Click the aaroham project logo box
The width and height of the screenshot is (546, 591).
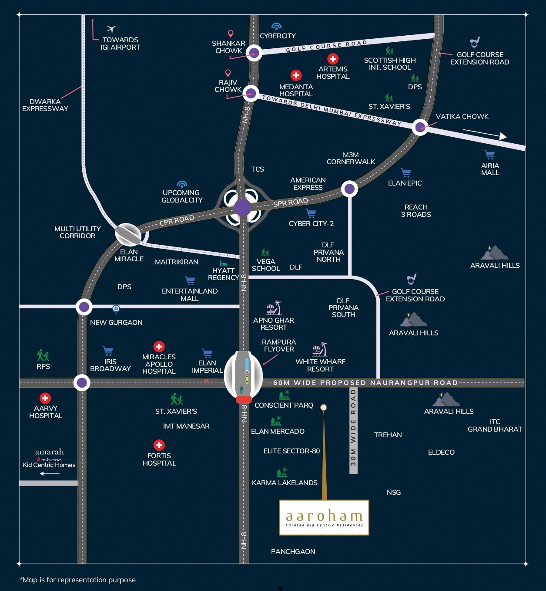324,517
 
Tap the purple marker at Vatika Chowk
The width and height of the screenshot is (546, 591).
420,127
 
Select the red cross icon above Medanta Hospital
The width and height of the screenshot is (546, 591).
296,75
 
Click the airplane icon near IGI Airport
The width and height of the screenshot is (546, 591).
111,29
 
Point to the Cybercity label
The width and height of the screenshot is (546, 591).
278,36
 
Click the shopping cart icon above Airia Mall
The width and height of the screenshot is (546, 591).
489,155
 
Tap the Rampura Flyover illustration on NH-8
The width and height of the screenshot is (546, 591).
244,377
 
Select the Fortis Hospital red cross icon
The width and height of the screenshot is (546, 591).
159,445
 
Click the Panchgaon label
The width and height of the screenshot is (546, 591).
293,551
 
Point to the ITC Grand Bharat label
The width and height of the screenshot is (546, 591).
495,426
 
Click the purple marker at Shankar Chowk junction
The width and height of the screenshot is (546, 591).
254,53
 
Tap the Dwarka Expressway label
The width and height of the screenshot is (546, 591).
45,105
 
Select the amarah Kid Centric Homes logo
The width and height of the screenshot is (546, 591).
49,458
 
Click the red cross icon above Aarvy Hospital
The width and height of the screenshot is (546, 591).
45,398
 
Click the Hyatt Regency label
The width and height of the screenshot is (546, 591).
223,274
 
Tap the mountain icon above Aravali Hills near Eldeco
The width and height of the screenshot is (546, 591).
446,399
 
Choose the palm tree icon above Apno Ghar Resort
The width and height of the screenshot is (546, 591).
274,308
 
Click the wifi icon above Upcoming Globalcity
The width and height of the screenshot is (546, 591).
182,184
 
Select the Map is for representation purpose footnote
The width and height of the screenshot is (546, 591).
78,580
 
